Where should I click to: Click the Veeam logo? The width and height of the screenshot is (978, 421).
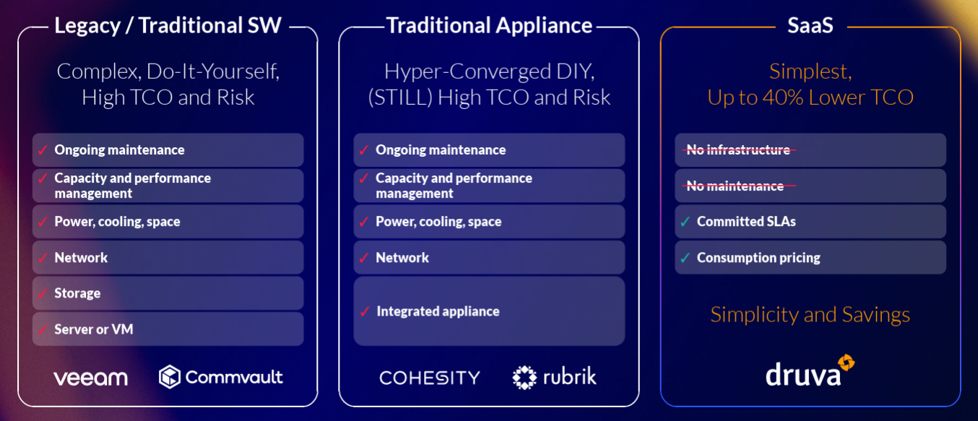point(90,378)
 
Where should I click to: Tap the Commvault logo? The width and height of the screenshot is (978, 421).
point(221,376)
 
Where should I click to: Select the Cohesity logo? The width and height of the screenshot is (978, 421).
point(430,378)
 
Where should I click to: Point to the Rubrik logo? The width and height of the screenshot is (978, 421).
point(555,376)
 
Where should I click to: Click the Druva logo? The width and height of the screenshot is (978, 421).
point(810,373)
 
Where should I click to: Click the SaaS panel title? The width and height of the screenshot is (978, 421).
point(810,26)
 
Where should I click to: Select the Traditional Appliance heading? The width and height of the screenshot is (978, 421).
point(489,26)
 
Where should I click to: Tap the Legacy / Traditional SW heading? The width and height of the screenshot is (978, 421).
point(168,26)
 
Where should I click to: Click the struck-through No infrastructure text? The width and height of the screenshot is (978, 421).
point(737,149)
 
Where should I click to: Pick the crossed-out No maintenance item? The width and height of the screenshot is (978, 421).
point(735,186)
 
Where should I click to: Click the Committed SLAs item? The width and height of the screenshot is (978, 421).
point(746,222)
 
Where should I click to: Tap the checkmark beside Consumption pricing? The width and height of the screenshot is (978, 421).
point(685,258)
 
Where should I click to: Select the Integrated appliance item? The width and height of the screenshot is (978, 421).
point(438,311)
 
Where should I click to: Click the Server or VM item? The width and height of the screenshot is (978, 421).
point(94,329)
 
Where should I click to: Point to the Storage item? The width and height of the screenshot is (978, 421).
point(77,293)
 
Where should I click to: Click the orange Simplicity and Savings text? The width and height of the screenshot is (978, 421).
point(810,315)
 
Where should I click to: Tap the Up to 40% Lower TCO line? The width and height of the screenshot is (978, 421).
point(810,97)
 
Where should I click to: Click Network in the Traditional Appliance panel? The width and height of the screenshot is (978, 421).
point(402,258)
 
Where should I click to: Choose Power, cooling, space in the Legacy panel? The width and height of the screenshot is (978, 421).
point(117,222)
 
